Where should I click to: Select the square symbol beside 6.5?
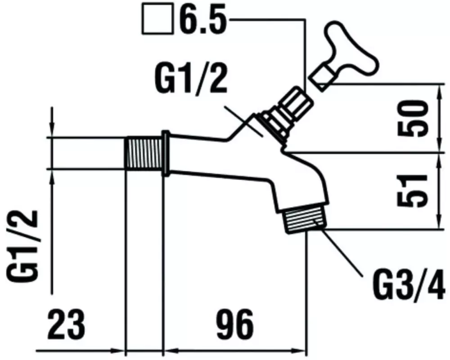pos(157,19)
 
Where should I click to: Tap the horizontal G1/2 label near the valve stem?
pos(191,79)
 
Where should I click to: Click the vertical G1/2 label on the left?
pos(22,245)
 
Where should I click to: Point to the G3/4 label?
pos(408,284)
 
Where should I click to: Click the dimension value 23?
pos(67,324)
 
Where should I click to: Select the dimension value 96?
pos(235,324)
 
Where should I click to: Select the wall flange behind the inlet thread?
pos(165,153)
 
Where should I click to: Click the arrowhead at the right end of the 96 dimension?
pos(298,351)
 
